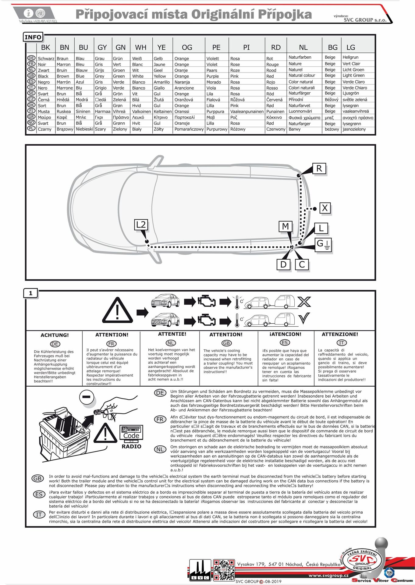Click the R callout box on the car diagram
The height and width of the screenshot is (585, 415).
click(x=319, y=168)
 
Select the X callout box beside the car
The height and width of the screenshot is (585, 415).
click(x=325, y=208)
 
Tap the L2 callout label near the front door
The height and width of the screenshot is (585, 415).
click(x=141, y=225)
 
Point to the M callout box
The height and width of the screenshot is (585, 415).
click(x=286, y=226)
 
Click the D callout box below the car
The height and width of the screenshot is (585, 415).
click(x=283, y=264)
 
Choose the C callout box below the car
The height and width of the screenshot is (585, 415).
click(x=302, y=264)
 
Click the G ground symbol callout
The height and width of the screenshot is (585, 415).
click(x=323, y=244)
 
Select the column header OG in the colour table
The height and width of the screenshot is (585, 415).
click(x=187, y=48)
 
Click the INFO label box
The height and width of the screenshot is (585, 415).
click(x=33, y=37)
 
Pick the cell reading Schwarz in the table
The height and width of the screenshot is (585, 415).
click(x=46, y=58)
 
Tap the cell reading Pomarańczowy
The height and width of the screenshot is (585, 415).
click(x=189, y=129)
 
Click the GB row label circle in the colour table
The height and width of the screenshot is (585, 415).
click(x=31, y=76)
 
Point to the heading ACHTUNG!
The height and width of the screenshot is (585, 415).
click(x=55, y=335)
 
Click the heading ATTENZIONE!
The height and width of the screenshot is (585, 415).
click(x=340, y=334)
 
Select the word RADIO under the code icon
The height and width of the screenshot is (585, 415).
click(x=131, y=446)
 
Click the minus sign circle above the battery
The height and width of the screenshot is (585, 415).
click(x=86, y=397)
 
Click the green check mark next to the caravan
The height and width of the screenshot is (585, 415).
click(x=304, y=318)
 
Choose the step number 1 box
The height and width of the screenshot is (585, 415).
click(x=30, y=293)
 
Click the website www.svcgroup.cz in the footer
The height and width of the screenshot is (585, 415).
click(x=328, y=576)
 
